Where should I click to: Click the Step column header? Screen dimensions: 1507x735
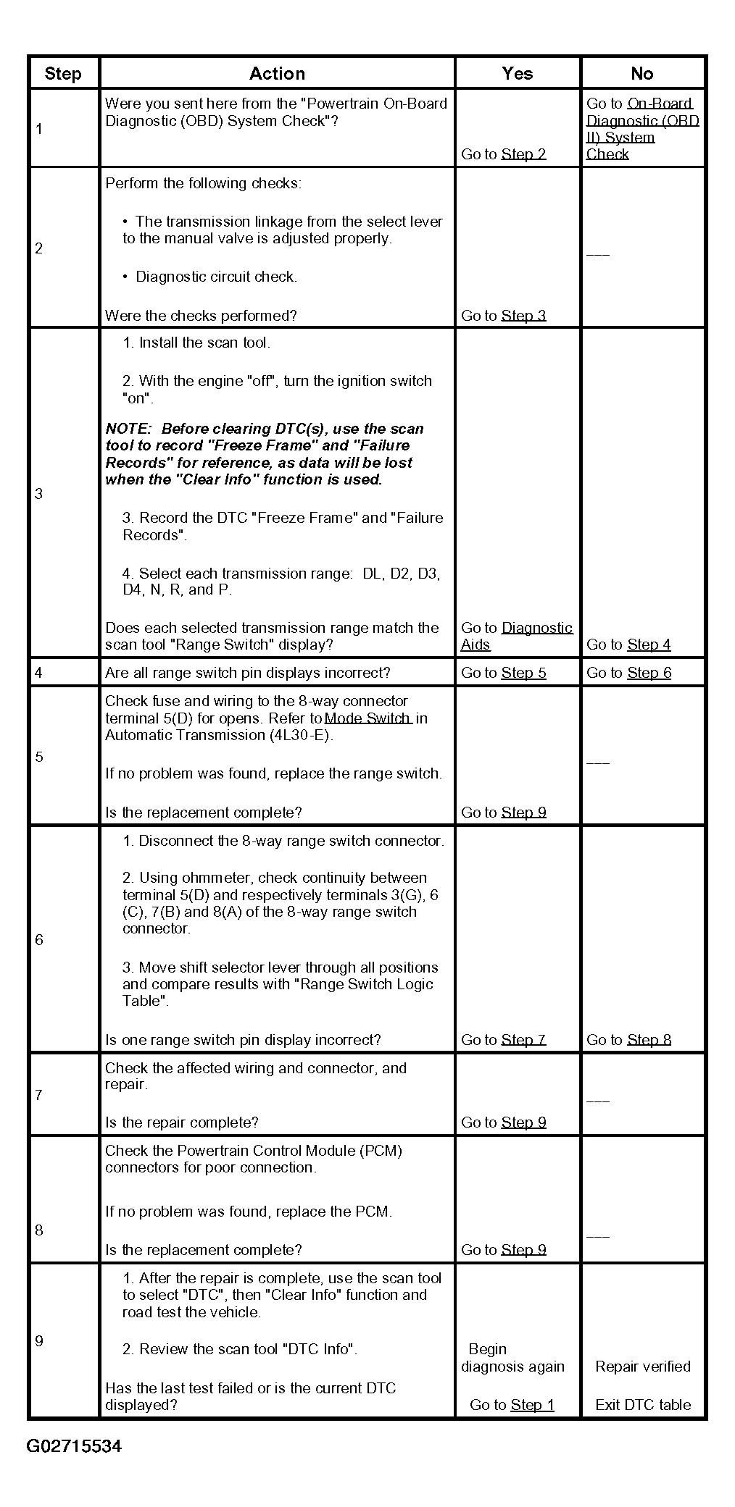click(x=62, y=73)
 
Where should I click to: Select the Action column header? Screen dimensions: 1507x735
click(x=277, y=73)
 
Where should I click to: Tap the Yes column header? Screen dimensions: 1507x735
click(x=517, y=73)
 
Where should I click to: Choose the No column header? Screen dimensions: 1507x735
click(x=641, y=73)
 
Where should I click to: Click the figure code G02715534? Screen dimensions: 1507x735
click(x=74, y=1446)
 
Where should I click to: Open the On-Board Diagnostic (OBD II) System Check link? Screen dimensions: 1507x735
click(x=642, y=129)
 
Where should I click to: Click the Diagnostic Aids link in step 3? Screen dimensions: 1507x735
click(x=536, y=628)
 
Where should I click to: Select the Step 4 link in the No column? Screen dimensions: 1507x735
click(x=649, y=645)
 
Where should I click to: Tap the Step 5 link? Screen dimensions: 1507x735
click(x=523, y=673)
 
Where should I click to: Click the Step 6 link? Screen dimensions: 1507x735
click(x=649, y=673)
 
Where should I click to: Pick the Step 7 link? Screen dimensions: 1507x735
click(x=523, y=1040)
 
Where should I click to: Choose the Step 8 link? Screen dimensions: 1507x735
click(x=649, y=1040)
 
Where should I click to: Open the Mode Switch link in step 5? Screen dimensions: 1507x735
click(x=367, y=718)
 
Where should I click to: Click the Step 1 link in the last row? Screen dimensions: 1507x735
click(x=532, y=1405)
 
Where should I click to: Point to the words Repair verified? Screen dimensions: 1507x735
click(x=642, y=1367)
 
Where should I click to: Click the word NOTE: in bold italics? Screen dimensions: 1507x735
click(x=128, y=429)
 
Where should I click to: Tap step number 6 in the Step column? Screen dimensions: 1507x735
click(x=39, y=940)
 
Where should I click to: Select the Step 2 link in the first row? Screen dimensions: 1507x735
click(x=523, y=154)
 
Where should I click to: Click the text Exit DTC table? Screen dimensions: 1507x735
click(x=642, y=1405)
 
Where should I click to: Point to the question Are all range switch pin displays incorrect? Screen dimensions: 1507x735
click(x=247, y=673)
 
